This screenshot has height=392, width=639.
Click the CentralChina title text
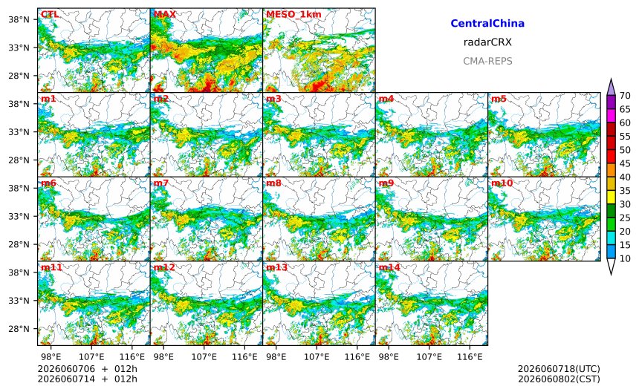click(487, 23)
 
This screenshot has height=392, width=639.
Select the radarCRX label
click(487, 42)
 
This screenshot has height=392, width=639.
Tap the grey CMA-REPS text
click(487, 61)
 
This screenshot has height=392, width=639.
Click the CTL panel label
click(50, 14)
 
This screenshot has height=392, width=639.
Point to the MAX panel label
click(165, 14)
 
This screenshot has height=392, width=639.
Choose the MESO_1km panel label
click(293, 15)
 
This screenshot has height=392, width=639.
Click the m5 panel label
click(499, 99)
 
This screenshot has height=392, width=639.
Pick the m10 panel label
click(502, 183)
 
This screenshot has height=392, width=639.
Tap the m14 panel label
click(389, 267)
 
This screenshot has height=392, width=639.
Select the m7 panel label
click(161, 183)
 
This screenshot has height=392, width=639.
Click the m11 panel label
click(51, 267)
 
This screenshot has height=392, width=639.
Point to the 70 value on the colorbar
click(625, 96)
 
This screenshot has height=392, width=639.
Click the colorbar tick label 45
click(625, 163)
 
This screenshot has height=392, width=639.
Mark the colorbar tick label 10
click(625, 258)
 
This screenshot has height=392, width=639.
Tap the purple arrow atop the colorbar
click(611, 87)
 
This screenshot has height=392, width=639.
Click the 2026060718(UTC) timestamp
click(559, 369)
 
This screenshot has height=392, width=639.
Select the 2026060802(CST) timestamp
click(559, 379)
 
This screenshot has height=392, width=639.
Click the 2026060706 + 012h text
click(87, 369)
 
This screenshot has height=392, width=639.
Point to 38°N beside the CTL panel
click(19, 19)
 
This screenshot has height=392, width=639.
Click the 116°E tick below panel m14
click(470, 357)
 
